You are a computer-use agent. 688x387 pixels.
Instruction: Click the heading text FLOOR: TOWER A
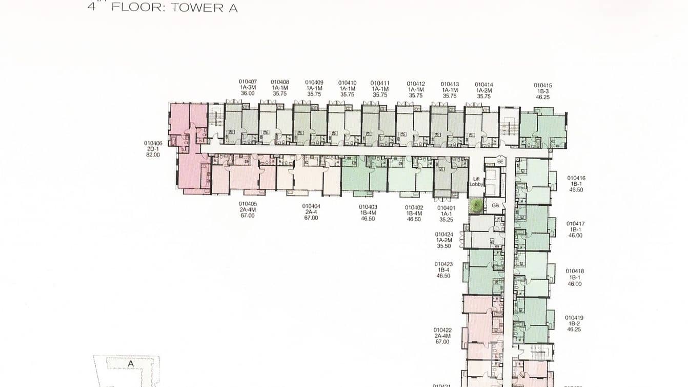(174, 7)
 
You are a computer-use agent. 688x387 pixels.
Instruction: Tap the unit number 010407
(248, 82)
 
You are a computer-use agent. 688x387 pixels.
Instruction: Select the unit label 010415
(543, 86)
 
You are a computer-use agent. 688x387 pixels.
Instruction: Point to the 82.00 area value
(153, 154)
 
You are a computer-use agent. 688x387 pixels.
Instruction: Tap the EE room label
(500, 162)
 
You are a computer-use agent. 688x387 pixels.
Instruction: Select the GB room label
(495, 205)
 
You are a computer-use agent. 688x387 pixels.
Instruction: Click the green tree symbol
(476, 206)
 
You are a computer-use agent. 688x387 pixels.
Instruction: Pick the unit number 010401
(446, 208)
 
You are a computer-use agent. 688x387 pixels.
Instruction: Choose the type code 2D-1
(153, 149)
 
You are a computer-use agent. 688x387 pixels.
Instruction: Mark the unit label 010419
(574, 318)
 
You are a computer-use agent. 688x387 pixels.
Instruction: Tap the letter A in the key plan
(131, 363)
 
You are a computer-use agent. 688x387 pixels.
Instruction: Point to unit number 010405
(248, 204)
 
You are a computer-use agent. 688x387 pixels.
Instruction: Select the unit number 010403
(368, 207)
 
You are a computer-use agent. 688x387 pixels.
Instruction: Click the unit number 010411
(380, 83)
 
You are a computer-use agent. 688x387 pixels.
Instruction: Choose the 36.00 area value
(248, 93)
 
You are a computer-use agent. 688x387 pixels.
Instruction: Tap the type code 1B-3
(543, 91)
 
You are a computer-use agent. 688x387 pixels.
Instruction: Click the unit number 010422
(442, 330)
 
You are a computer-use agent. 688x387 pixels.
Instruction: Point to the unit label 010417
(575, 224)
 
